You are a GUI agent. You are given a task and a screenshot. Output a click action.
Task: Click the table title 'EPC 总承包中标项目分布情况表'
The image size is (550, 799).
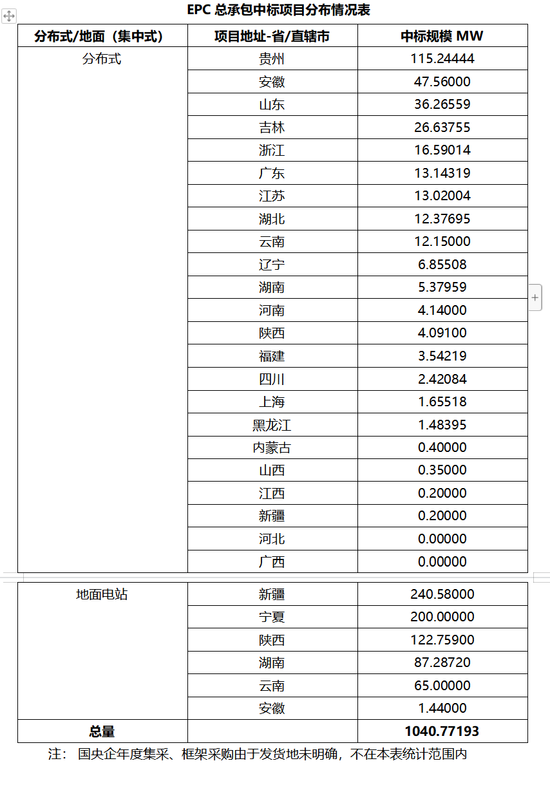(x=278, y=10)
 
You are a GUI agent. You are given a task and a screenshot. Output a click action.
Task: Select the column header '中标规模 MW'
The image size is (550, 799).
(x=442, y=36)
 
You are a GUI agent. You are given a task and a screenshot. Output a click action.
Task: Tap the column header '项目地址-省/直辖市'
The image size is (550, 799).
(x=272, y=36)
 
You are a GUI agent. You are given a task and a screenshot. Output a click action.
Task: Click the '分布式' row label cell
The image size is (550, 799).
(x=102, y=59)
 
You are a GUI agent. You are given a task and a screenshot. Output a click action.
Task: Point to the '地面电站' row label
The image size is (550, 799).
(x=102, y=594)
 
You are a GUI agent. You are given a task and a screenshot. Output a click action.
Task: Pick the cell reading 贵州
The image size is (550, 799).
(x=272, y=59)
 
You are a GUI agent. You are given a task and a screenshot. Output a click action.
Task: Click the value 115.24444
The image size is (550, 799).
(x=442, y=59)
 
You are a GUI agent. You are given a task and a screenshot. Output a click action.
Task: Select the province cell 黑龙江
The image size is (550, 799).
(x=272, y=425)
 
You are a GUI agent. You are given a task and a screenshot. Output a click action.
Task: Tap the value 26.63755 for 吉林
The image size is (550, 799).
(x=442, y=127)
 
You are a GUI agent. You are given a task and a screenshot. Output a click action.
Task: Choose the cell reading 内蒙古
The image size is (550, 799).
(x=272, y=447)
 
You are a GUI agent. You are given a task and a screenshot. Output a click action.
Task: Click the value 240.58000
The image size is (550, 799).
(x=442, y=594)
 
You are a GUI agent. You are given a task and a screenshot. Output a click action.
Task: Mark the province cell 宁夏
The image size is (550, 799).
(x=272, y=617)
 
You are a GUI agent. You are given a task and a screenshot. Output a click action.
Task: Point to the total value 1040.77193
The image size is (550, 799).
(x=442, y=731)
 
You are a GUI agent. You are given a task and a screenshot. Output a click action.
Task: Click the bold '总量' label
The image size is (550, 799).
(x=102, y=731)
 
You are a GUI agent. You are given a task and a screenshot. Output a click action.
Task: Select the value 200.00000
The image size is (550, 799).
(x=442, y=617)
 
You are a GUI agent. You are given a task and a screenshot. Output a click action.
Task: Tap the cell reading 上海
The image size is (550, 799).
(x=272, y=402)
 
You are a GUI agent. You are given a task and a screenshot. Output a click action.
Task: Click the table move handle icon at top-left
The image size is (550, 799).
(x=9, y=17)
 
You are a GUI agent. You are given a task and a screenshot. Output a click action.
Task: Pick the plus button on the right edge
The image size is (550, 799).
(x=535, y=297)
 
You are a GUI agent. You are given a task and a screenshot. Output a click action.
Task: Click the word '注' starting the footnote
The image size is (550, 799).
(x=55, y=753)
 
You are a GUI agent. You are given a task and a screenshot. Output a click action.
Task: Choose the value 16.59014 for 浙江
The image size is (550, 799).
(x=442, y=150)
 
